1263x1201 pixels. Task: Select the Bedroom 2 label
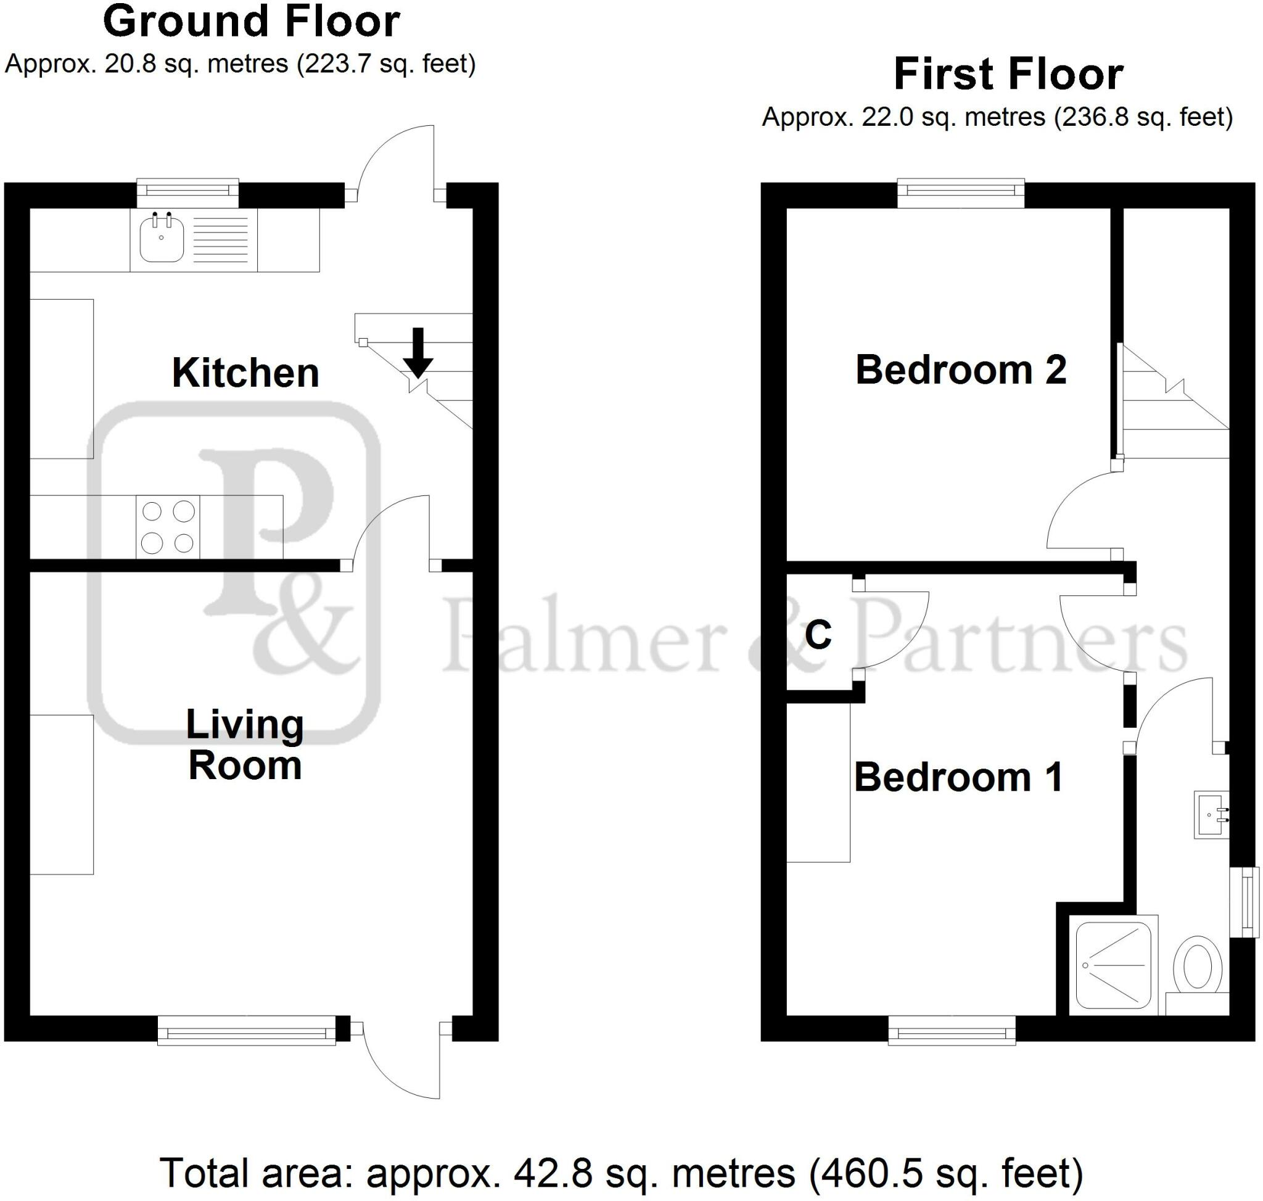960,369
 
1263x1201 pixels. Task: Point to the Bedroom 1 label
958,777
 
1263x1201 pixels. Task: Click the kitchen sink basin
162,239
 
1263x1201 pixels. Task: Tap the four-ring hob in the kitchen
168,527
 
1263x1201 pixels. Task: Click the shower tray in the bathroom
1113,965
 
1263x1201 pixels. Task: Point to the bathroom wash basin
1211,815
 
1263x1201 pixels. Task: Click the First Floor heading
1008,75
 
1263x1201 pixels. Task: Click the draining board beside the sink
220,239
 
